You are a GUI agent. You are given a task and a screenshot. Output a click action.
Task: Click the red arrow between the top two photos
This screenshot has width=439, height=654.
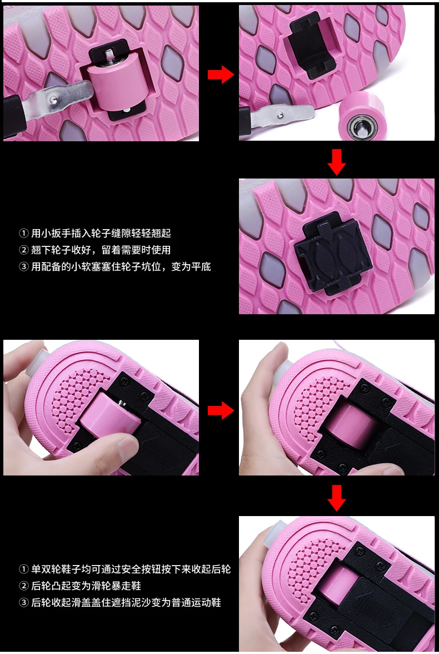[221, 75]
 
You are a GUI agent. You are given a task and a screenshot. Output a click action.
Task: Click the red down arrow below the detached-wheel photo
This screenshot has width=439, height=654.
[336, 162]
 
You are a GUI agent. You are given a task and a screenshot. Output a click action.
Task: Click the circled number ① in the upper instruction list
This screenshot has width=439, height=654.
[24, 233]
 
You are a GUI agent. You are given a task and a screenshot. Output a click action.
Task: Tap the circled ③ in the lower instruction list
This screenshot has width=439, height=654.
[24, 602]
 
